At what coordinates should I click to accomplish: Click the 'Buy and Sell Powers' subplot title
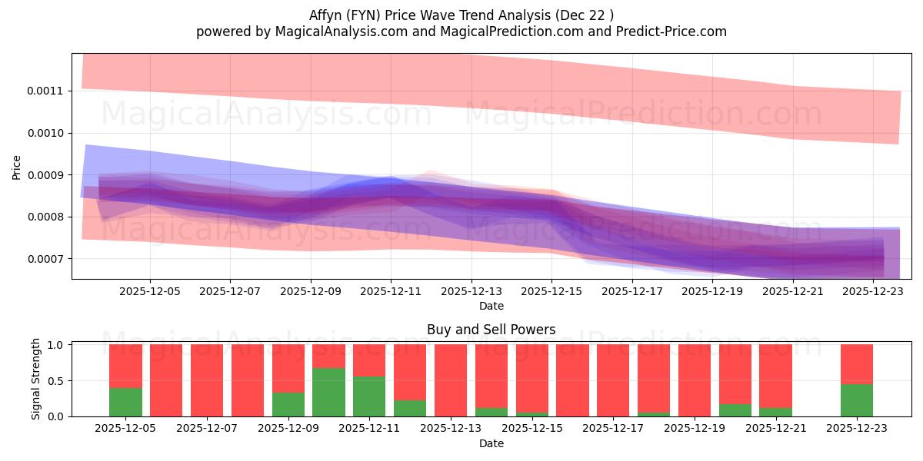pos(491,330)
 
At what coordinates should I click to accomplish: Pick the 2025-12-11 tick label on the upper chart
pos(391,291)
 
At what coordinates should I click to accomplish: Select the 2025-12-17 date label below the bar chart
pos(613,429)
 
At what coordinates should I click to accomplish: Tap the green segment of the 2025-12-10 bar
pos(328,393)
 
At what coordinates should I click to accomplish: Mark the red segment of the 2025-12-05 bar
pos(125,366)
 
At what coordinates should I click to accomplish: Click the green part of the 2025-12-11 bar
pos(369,396)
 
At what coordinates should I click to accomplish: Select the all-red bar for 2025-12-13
pos(450,380)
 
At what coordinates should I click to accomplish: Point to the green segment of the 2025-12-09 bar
pos(288,404)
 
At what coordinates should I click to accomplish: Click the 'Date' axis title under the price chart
pos(491,306)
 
